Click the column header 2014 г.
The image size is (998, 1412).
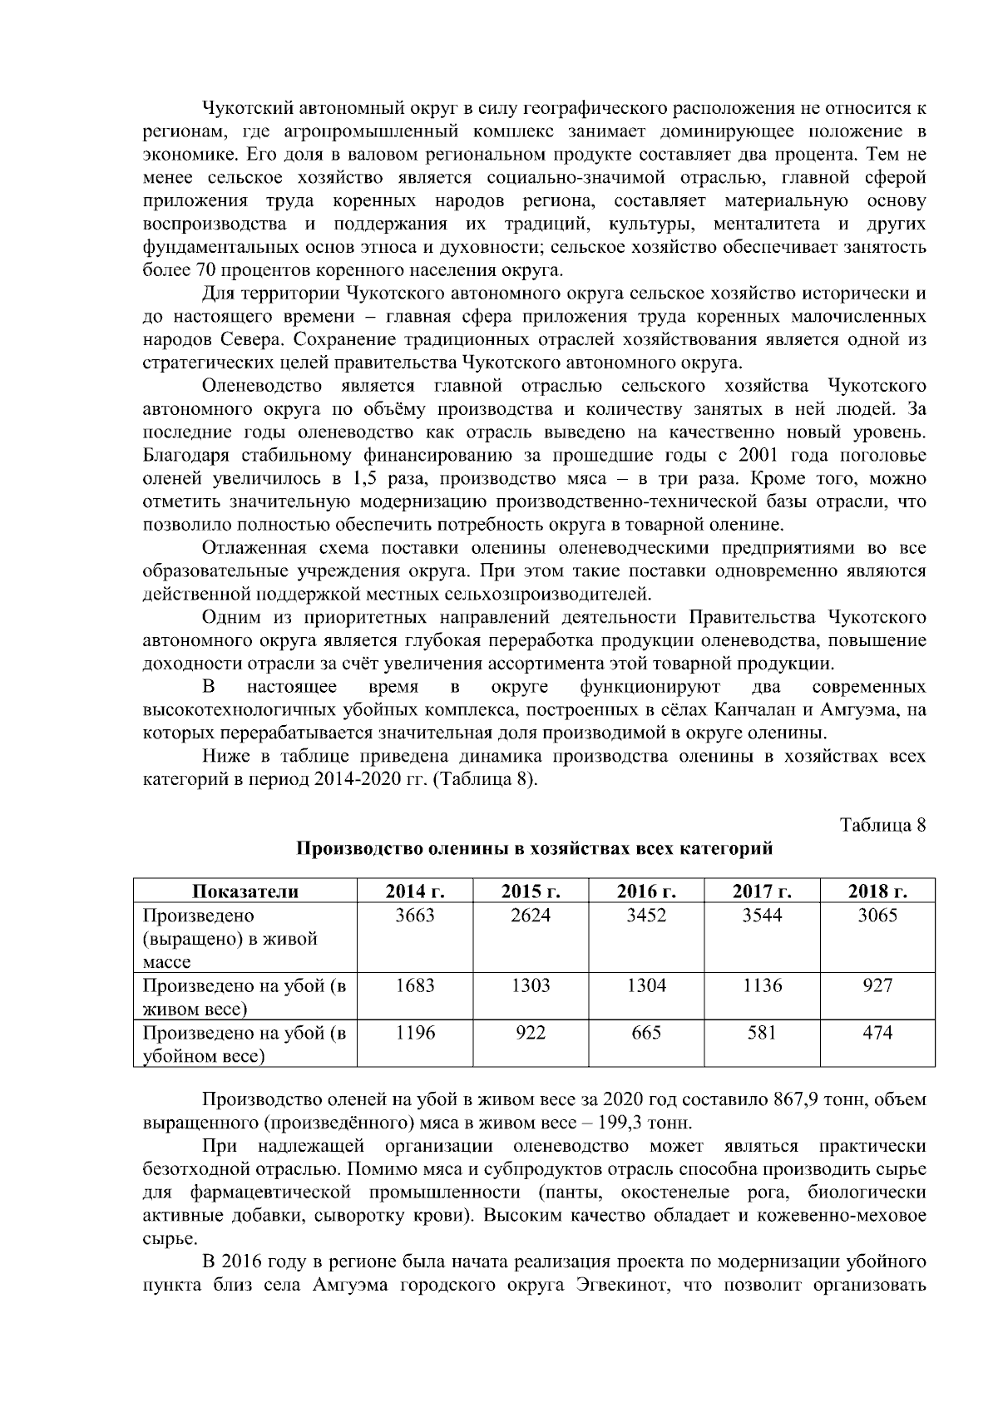coord(414,891)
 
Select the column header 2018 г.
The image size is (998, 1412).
coord(877,891)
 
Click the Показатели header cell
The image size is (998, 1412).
coord(245,891)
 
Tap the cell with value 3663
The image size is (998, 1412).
coord(414,916)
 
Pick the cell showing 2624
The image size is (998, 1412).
coord(531,916)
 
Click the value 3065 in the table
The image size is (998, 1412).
coord(877,916)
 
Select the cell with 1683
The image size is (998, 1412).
coord(414,986)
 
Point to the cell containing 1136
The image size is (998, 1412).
coord(762,986)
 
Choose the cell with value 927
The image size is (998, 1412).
coord(877,986)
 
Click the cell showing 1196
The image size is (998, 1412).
coord(414,1033)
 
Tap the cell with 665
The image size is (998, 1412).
coord(646,1033)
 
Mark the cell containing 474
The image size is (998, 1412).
coord(877,1033)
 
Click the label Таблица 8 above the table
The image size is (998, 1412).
coord(883,825)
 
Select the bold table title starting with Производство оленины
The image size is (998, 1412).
coord(535,849)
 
